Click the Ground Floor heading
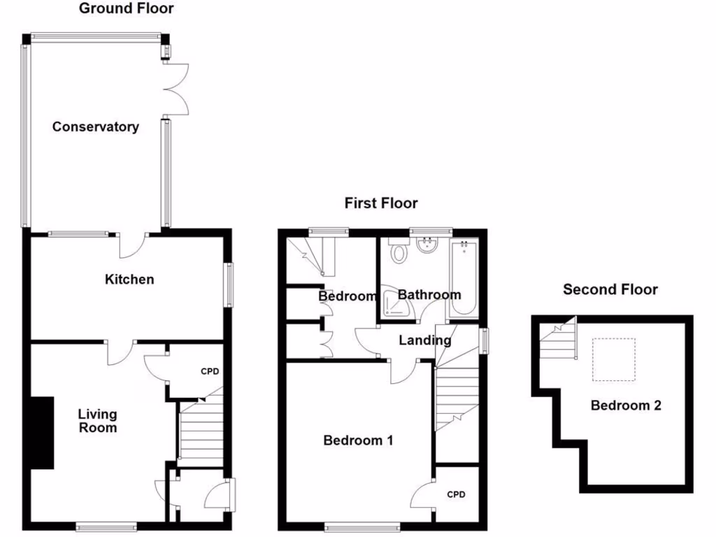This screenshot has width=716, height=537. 126,9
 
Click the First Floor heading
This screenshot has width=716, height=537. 381,203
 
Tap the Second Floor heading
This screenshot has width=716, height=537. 610,289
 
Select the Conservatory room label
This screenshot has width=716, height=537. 95,127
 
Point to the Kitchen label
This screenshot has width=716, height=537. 129,280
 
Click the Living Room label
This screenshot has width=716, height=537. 97,421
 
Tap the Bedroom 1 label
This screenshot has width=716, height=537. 358,441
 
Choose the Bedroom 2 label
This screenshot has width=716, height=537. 626,406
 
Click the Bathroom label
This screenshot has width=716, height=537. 429,295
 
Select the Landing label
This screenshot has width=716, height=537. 425,341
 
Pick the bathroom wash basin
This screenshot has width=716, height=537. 426,245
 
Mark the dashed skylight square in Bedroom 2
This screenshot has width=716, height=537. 614,360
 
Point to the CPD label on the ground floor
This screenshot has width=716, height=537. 210,371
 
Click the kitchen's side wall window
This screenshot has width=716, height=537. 229,284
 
